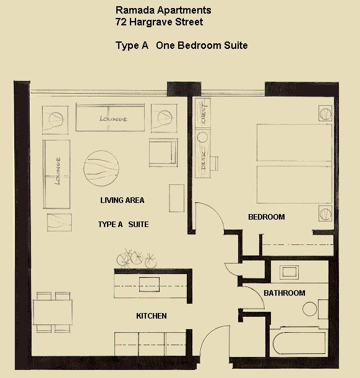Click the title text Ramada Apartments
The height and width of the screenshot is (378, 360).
163,11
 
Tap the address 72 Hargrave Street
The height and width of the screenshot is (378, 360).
159,22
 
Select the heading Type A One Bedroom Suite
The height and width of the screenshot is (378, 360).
181,46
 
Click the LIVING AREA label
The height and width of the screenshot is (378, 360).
122,200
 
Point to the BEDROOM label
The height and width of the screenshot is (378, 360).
266,217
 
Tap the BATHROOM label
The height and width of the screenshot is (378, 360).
284,293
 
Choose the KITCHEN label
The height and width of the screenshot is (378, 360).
152,316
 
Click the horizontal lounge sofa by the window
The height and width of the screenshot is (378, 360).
112,118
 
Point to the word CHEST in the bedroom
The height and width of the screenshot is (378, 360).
202,113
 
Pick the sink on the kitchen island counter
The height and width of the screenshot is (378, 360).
148,284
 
